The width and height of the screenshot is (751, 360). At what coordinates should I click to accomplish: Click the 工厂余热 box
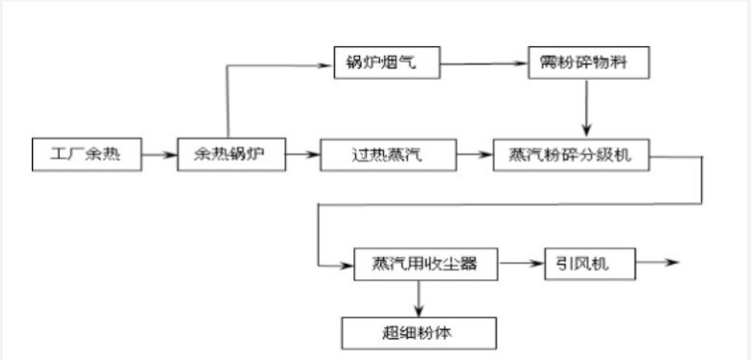(87, 153)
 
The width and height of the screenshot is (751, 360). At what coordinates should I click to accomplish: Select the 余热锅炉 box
(231, 153)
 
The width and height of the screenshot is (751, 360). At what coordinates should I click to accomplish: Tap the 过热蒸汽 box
(375, 153)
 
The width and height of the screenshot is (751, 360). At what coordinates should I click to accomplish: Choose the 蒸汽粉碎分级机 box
(570, 153)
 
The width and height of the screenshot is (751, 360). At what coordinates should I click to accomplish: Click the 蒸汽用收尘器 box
(418, 263)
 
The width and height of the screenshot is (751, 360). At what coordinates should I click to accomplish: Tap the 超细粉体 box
(418, 332)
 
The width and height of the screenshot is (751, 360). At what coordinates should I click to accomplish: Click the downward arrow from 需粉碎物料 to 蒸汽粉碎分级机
(587, 109)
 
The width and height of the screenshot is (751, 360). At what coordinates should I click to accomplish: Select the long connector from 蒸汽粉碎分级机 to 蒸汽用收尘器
(510, 202)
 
